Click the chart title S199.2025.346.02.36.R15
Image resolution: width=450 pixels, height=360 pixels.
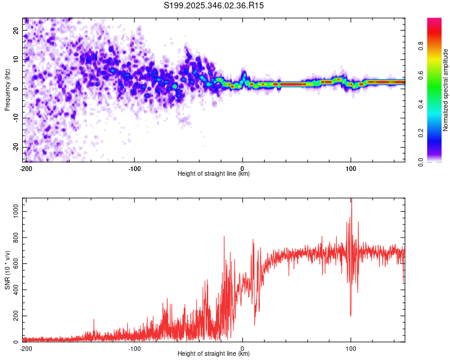214,5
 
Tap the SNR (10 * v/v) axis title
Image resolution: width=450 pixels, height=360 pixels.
8,269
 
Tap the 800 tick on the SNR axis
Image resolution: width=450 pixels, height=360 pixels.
15,238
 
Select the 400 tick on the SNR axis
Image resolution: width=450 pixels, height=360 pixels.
15,290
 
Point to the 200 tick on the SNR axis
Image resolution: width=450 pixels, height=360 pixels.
15,316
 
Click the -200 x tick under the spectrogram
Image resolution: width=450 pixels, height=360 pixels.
26,167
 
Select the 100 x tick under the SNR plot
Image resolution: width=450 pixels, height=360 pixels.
351,347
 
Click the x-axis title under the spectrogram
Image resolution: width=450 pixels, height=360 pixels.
214,174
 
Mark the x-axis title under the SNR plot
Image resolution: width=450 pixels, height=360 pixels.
214,354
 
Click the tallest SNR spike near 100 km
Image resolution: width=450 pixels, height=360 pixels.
352,201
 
